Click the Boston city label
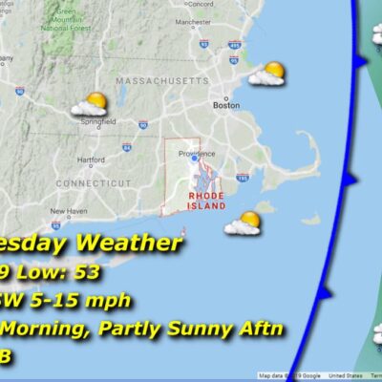click(x=226, y=105)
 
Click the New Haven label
click(x=69, y=210)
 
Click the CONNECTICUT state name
click(x=94, y=181)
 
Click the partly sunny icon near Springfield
click(x=95, y=103)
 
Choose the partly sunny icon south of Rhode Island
click(x=243, y=223)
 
